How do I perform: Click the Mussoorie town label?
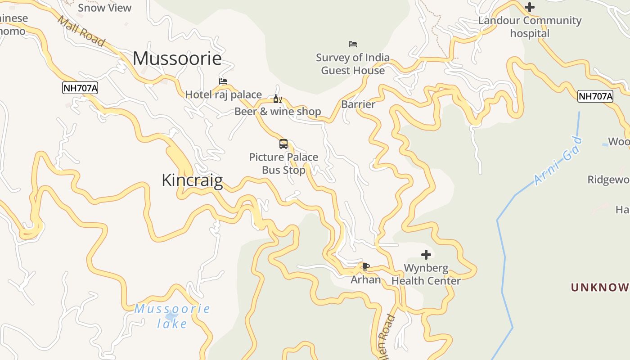(x=177, y=58)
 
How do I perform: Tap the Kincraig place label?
(x=192, y=180)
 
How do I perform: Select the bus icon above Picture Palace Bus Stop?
(x=283, y=144)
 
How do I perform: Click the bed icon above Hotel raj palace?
(x=223, y=81)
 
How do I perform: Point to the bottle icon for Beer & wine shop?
(x=277, y=99)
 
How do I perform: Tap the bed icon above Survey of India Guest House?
(x=353, y=44)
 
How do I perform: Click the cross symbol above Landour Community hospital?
(x=530, y=7)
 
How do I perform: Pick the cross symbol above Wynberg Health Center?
(x=426, y=255)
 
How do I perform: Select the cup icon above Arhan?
(x=365, y=267)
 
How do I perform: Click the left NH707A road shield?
(x=80, y=88)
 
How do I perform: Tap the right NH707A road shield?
(x=595, y=96)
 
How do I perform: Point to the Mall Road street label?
(x=81, y=31)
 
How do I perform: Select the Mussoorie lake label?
(x=172, y=316)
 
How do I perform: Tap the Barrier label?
(x=358, y=104)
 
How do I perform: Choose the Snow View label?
(x=104, y=8)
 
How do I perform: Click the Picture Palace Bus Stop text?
(x=283, y=163)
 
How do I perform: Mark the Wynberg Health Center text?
(x=426, y=274)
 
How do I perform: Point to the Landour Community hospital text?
(x=530, y=27)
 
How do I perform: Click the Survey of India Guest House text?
(x=353, y=64)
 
